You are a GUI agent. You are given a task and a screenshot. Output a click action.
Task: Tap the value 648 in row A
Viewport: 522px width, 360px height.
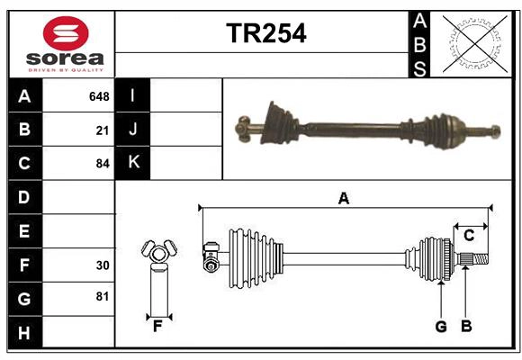coord(99,96)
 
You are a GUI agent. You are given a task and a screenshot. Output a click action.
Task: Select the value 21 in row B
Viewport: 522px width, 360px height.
coord(103,130)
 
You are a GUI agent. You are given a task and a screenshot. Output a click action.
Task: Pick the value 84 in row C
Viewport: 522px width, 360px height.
coord(102,164)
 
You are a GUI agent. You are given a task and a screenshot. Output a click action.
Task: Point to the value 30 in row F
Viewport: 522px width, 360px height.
coord(102,265)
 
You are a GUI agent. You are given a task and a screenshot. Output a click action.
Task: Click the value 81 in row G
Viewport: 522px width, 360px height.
coord(102,297)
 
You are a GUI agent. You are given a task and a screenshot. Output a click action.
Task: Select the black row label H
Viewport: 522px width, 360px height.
coord(24,333)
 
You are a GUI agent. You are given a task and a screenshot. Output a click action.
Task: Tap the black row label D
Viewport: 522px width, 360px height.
coord(24,197)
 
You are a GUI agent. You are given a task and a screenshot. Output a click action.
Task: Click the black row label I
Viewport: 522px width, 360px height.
coord(133,96)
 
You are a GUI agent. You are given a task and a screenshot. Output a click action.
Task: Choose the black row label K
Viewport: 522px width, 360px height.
coord(133,163)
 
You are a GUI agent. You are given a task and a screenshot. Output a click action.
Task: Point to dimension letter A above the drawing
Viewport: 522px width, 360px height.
coord(343,198)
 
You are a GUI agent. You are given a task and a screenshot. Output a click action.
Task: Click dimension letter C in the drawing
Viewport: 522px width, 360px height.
coord(469,236)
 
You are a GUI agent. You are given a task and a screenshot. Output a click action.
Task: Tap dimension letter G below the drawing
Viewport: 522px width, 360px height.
coord(441,327)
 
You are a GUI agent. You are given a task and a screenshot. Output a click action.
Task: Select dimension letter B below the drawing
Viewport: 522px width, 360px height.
coord(466,327)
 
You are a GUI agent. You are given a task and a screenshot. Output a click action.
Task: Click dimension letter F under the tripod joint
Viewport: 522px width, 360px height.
coord(157,327)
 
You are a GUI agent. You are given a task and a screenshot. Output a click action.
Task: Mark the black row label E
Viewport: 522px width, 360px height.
coord(24,231)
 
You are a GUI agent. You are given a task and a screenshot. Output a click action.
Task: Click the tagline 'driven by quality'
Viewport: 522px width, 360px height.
coord(66,68)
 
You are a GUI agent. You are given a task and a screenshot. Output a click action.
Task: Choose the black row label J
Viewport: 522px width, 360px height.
coord(133,130)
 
